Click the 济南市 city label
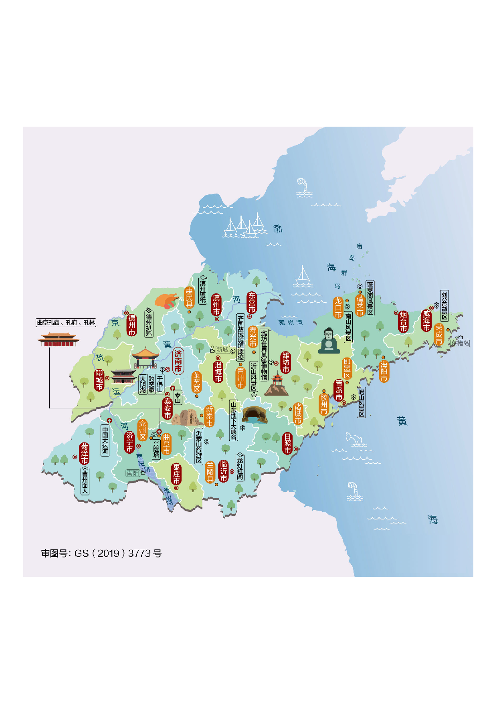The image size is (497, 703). [x=178, y=361]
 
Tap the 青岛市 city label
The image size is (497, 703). [x=339, y=390]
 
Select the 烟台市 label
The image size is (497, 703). [x=403, y=322]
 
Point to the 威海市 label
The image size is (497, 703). [x=426, y=321]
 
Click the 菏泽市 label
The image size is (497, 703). [x=85, y=453]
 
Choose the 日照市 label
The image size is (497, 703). [x=287, y=443]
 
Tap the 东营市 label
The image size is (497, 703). [x=252, y=303]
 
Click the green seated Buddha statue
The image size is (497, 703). [x=329, y=341]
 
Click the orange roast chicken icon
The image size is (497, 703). [x=167, y=301]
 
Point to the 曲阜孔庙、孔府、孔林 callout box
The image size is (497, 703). [x=66, y=322]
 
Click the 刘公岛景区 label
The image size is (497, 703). [x=444, y=306]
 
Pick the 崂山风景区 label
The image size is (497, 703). [x=361, y=402]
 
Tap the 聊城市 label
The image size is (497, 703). [x=99, y=380]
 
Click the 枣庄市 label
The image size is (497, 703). [x=176, y=474]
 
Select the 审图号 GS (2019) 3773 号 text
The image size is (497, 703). [x=101, y=554]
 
